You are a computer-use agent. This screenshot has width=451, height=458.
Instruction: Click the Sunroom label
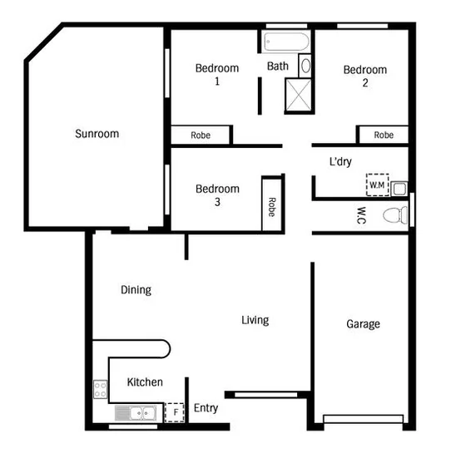click(x=97, y=133)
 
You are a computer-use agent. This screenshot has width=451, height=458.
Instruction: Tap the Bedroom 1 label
click(x=216, y=75)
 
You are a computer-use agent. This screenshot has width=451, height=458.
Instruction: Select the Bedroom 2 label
click(x=365, y=76)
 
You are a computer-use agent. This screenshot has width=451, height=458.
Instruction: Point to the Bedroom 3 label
click(x=217, y=195)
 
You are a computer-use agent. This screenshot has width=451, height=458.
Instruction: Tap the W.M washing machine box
click(x=377, y=185)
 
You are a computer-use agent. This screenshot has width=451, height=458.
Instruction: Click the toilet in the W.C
click(x=395, y=215)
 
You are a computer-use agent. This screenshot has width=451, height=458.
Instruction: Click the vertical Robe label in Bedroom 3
click(x=271, y=205)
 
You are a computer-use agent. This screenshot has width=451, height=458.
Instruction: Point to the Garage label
click(x=363, y=323)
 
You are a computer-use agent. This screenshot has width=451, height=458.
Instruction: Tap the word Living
click(x=255, y=320)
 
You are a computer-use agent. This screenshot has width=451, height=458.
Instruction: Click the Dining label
click(x=136, y=290)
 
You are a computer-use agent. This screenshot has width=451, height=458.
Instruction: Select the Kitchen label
click(x=145, y=382)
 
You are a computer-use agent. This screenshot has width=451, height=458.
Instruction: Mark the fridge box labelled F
click(x=175, y=411)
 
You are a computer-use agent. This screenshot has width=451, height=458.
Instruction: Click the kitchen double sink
click(x=136, y=412)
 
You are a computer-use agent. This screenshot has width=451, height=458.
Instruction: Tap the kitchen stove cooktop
click(x=101, y=389)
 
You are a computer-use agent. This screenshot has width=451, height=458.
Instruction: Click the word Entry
click(x=206, y=408)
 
